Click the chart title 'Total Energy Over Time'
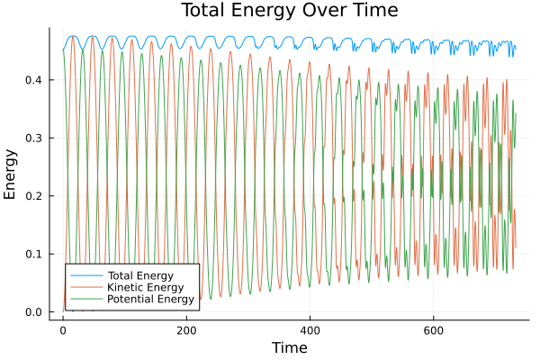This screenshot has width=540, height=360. point(288,11)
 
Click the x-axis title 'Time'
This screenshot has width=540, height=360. point(288,347)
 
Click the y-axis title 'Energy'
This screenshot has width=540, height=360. point(11,180)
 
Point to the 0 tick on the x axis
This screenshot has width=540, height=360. point(62,329)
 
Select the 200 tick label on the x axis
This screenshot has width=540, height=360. point(186,329)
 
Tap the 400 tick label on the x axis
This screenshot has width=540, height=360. point(310,329)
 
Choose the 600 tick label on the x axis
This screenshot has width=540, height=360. point(434,329)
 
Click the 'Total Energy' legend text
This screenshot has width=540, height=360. point(139,274)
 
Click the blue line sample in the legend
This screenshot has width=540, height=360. point(86,274)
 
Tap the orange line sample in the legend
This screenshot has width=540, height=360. point(86,286)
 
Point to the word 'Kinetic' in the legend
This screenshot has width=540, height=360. point(124,286)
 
